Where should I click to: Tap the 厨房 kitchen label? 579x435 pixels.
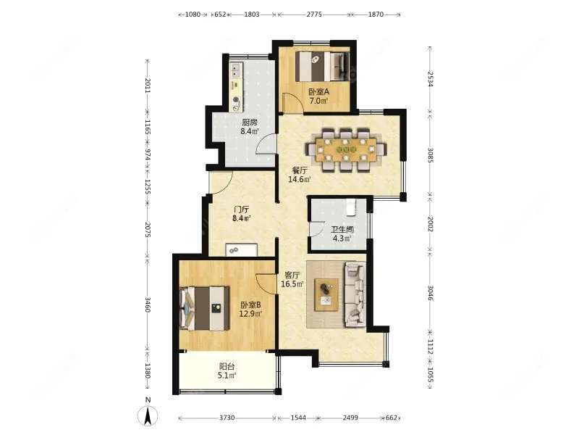pos(250,122)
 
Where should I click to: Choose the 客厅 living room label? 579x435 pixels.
pos(292,275)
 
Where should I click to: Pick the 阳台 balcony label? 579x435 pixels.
pos(227,367)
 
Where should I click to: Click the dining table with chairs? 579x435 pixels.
pos(346,150)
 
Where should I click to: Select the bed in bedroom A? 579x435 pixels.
pos(322,67)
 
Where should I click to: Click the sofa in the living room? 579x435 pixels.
pos(354,293)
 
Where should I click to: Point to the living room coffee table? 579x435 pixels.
pos(327,294)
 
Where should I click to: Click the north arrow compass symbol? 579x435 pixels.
pos(148,415)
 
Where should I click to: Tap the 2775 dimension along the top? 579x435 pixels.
pos(313,14)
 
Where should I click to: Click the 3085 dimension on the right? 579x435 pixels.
pos(430,154)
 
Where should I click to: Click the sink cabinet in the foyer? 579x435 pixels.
pos(239,249)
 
